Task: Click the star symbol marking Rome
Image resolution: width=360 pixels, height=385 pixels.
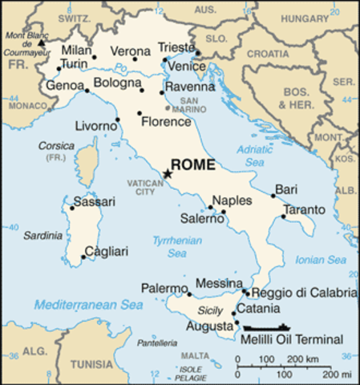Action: point(168,173)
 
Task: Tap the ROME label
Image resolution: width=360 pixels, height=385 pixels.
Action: point(195,165)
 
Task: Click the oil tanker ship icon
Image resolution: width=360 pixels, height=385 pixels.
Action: point(268,327)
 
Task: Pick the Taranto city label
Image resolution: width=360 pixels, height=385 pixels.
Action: point(305,209)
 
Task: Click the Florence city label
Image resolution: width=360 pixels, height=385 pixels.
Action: point(165,122)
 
